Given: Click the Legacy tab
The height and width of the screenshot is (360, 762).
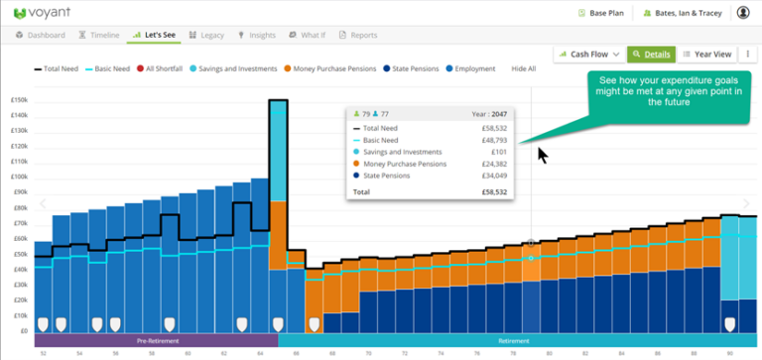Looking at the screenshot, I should pos(206,35).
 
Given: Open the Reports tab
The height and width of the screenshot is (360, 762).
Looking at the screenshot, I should pos(358,35).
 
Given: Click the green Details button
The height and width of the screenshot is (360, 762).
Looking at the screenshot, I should pos(651,54).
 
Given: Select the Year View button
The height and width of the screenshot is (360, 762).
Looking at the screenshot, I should pos(706,54).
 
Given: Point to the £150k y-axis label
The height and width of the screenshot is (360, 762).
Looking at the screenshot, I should pos(19,100).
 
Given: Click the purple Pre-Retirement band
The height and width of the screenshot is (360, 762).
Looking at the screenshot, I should pos(155,339).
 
